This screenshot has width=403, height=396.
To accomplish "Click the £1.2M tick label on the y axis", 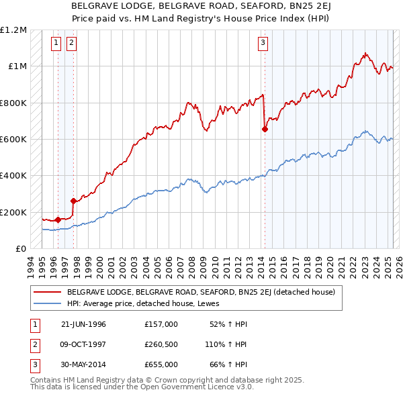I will [13, 30].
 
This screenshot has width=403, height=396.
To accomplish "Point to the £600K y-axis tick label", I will [13, 139].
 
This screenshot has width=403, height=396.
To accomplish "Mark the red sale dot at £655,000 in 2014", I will [265, 130].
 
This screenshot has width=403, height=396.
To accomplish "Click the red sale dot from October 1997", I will [73, 201].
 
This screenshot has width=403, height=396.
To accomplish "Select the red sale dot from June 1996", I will [58, 219].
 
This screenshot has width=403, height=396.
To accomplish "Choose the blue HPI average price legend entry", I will [148, 303].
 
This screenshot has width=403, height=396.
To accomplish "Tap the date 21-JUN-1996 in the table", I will [83, 324].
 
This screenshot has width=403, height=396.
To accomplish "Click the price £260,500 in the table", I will [161, 344].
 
